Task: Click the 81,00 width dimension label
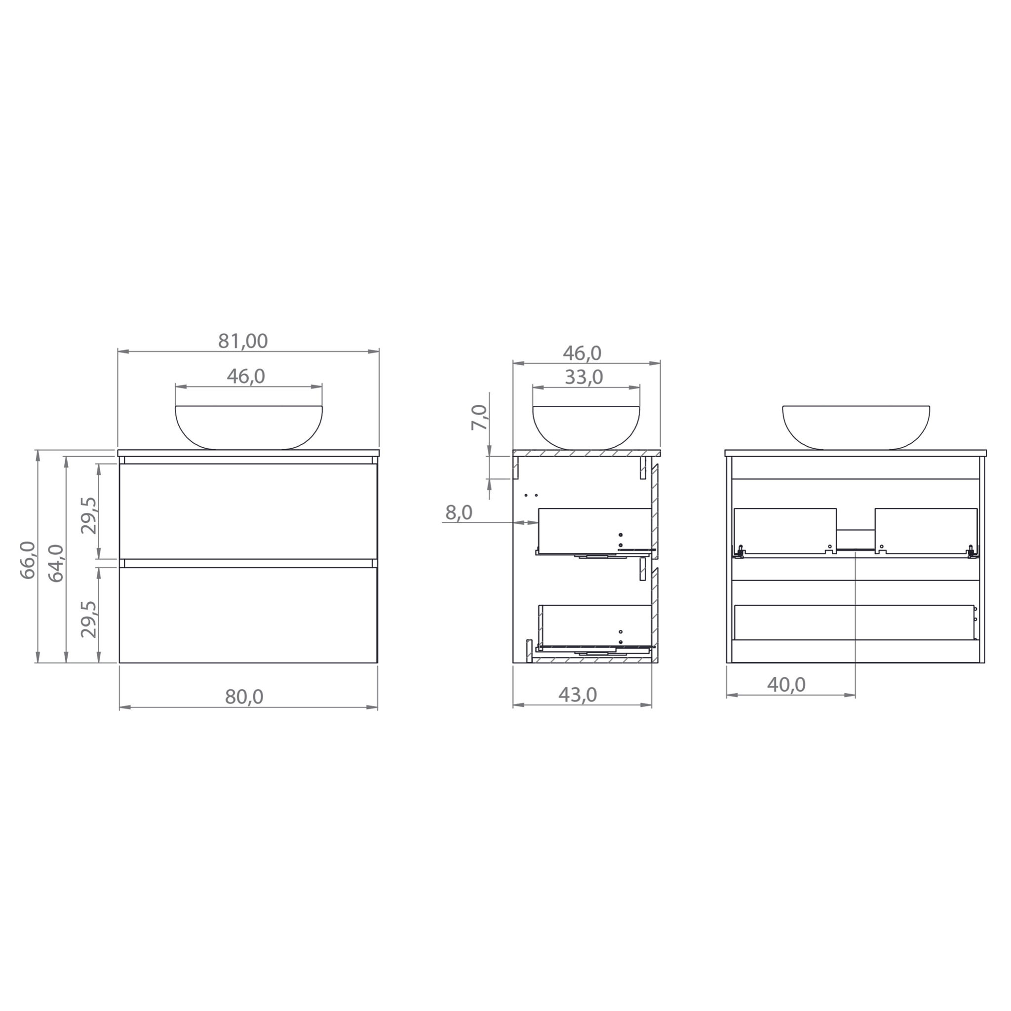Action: pyautogui.click(x=243, y=341)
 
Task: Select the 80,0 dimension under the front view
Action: pyautogui.click(x=244, y=697)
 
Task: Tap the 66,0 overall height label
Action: pyautogui.click(x=28, y=560)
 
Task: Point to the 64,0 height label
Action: pyautogui.click(x=56, y=563)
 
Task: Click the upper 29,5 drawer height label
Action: pyautogui.click(x=89, y=515)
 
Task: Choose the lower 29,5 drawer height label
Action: pyautogui.click(x=89, y=619)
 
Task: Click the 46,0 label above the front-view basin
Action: pyautogui.click(x=246, y=376)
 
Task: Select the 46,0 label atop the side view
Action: pyautogui.click(x=582, y=353)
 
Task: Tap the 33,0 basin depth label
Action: pyautogui.click(x=584, y=377)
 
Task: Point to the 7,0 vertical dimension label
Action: pyautogui.click(x=479, y=418)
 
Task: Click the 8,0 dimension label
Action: pyautogui.click(x=459, y=513)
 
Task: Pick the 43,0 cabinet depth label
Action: pyautogui.click(x=578, y=695)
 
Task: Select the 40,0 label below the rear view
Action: pyautogui.click(x=786, y=685)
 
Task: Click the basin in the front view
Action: pyautogui.click(x=249, y=427)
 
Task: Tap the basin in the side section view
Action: pyautogui.click(x=586, y=427)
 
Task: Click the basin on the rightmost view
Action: pyautogui.click(x=856, y=427)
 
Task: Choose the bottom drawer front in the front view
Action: pyautogui.click(x=248, y=615)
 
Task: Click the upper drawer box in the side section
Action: pyautogui.click(x=594, y=530)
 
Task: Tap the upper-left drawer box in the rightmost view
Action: pyautogui.click(x=785, y=530)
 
